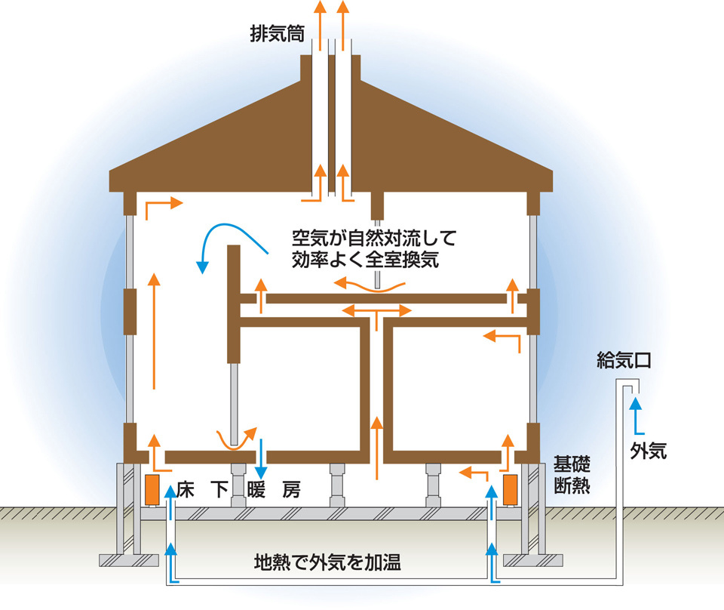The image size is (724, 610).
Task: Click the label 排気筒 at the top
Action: (x=277, y=34)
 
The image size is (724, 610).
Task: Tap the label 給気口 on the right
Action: (x=624, y=360)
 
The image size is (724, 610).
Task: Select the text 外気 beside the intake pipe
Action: (x=649, y=450)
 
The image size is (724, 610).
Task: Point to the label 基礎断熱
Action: (x=572, y=475)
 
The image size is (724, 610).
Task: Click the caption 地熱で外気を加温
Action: (x=327, y=562)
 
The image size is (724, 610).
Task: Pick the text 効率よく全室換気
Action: (x=365, y=260)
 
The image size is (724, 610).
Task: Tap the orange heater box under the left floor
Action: (x=152, y=489)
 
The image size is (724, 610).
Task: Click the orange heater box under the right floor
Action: (x=510, y=489)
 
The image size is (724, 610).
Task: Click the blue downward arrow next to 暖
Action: (x=261, y=458)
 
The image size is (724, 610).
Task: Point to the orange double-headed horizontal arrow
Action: (x=377, y=310)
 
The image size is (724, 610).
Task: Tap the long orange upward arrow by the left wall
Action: (x=154, y=331)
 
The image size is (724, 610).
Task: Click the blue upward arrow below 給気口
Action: (x=637, y=416)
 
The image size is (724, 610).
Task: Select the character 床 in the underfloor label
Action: (x=186, y=490)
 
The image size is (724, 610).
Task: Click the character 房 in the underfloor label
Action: (x=292, y=490)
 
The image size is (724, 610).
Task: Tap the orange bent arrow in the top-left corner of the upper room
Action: (x=164, y=208)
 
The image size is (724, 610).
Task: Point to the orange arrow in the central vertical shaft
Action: (x=377, y=448)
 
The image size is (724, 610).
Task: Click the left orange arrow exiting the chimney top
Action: (x=320, y=26)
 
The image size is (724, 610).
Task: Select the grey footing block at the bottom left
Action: (x=129, y=560)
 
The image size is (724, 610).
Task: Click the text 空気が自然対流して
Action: (x=374, y=239)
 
